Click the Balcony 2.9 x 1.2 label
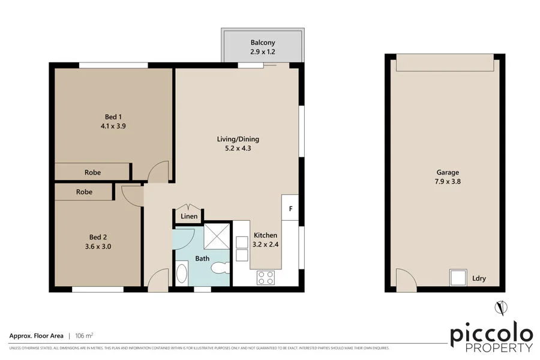pyautogui.click(x=262, y=47)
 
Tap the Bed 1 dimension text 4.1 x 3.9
pyautogui.click(x=113, y=127)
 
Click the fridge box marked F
pyautogui.click(x=290, y=209)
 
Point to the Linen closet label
pyautogui.click(x=189, y=217)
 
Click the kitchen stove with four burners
pyautogui.click(x=265, y=277)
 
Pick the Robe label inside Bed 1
pyautogui.click(x=92, y=172)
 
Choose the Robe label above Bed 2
pyautogui.click(x=84, y=192)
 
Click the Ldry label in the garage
pyautogui.click(x=479, y=278)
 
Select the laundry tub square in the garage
pyautogui.click(x=458, y=277)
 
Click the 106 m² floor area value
pyautogui.click(x=83, y=335)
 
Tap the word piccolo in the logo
pyautogui.click(x=491, y=334)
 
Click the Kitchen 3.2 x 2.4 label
pyautogui.click(x=265, y=240)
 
